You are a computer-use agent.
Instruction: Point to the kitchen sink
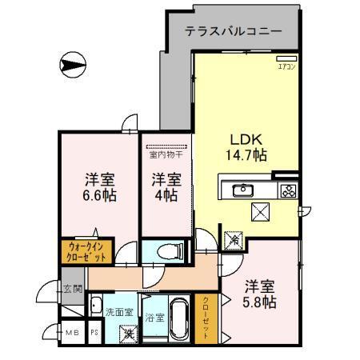pyautogui.click(x=242, y=190)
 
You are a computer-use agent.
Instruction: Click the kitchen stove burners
pyautogui.click(x=288, y=190)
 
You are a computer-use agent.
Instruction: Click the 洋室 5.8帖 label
pyautogui.click(x=261, y=294)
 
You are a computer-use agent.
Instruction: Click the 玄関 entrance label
pyautogui.click(x=72, y=289)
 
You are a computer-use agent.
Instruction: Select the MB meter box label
pyautogui.click(x=72, y=332)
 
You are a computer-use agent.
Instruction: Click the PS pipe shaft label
pyautogui.click(x=94, y=332)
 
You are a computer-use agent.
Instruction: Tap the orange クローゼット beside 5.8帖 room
pyautogui.click(x=206, y=318)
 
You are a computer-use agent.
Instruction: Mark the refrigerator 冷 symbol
pyautogui.click(x=234, y=238)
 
